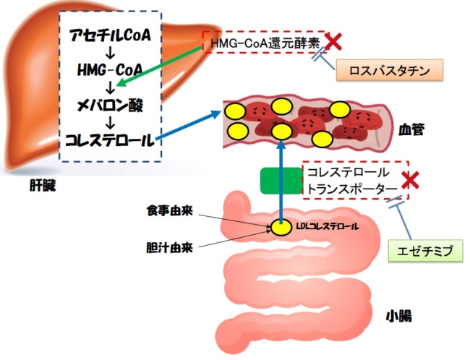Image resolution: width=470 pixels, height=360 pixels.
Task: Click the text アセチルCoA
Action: [110, 35]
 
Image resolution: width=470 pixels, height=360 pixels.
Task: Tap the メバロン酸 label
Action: [110, 106]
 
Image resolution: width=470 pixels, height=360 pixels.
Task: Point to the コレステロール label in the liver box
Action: [110, 139]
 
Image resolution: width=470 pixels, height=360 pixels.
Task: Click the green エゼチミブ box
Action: [424, 252]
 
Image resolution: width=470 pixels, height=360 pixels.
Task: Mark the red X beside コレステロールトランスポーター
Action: [411, 181]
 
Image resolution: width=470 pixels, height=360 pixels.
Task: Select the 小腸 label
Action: [399, 316]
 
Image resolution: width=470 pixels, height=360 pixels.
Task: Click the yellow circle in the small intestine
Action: [280, 227]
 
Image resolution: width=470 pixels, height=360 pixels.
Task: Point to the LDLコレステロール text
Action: [327, 226]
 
